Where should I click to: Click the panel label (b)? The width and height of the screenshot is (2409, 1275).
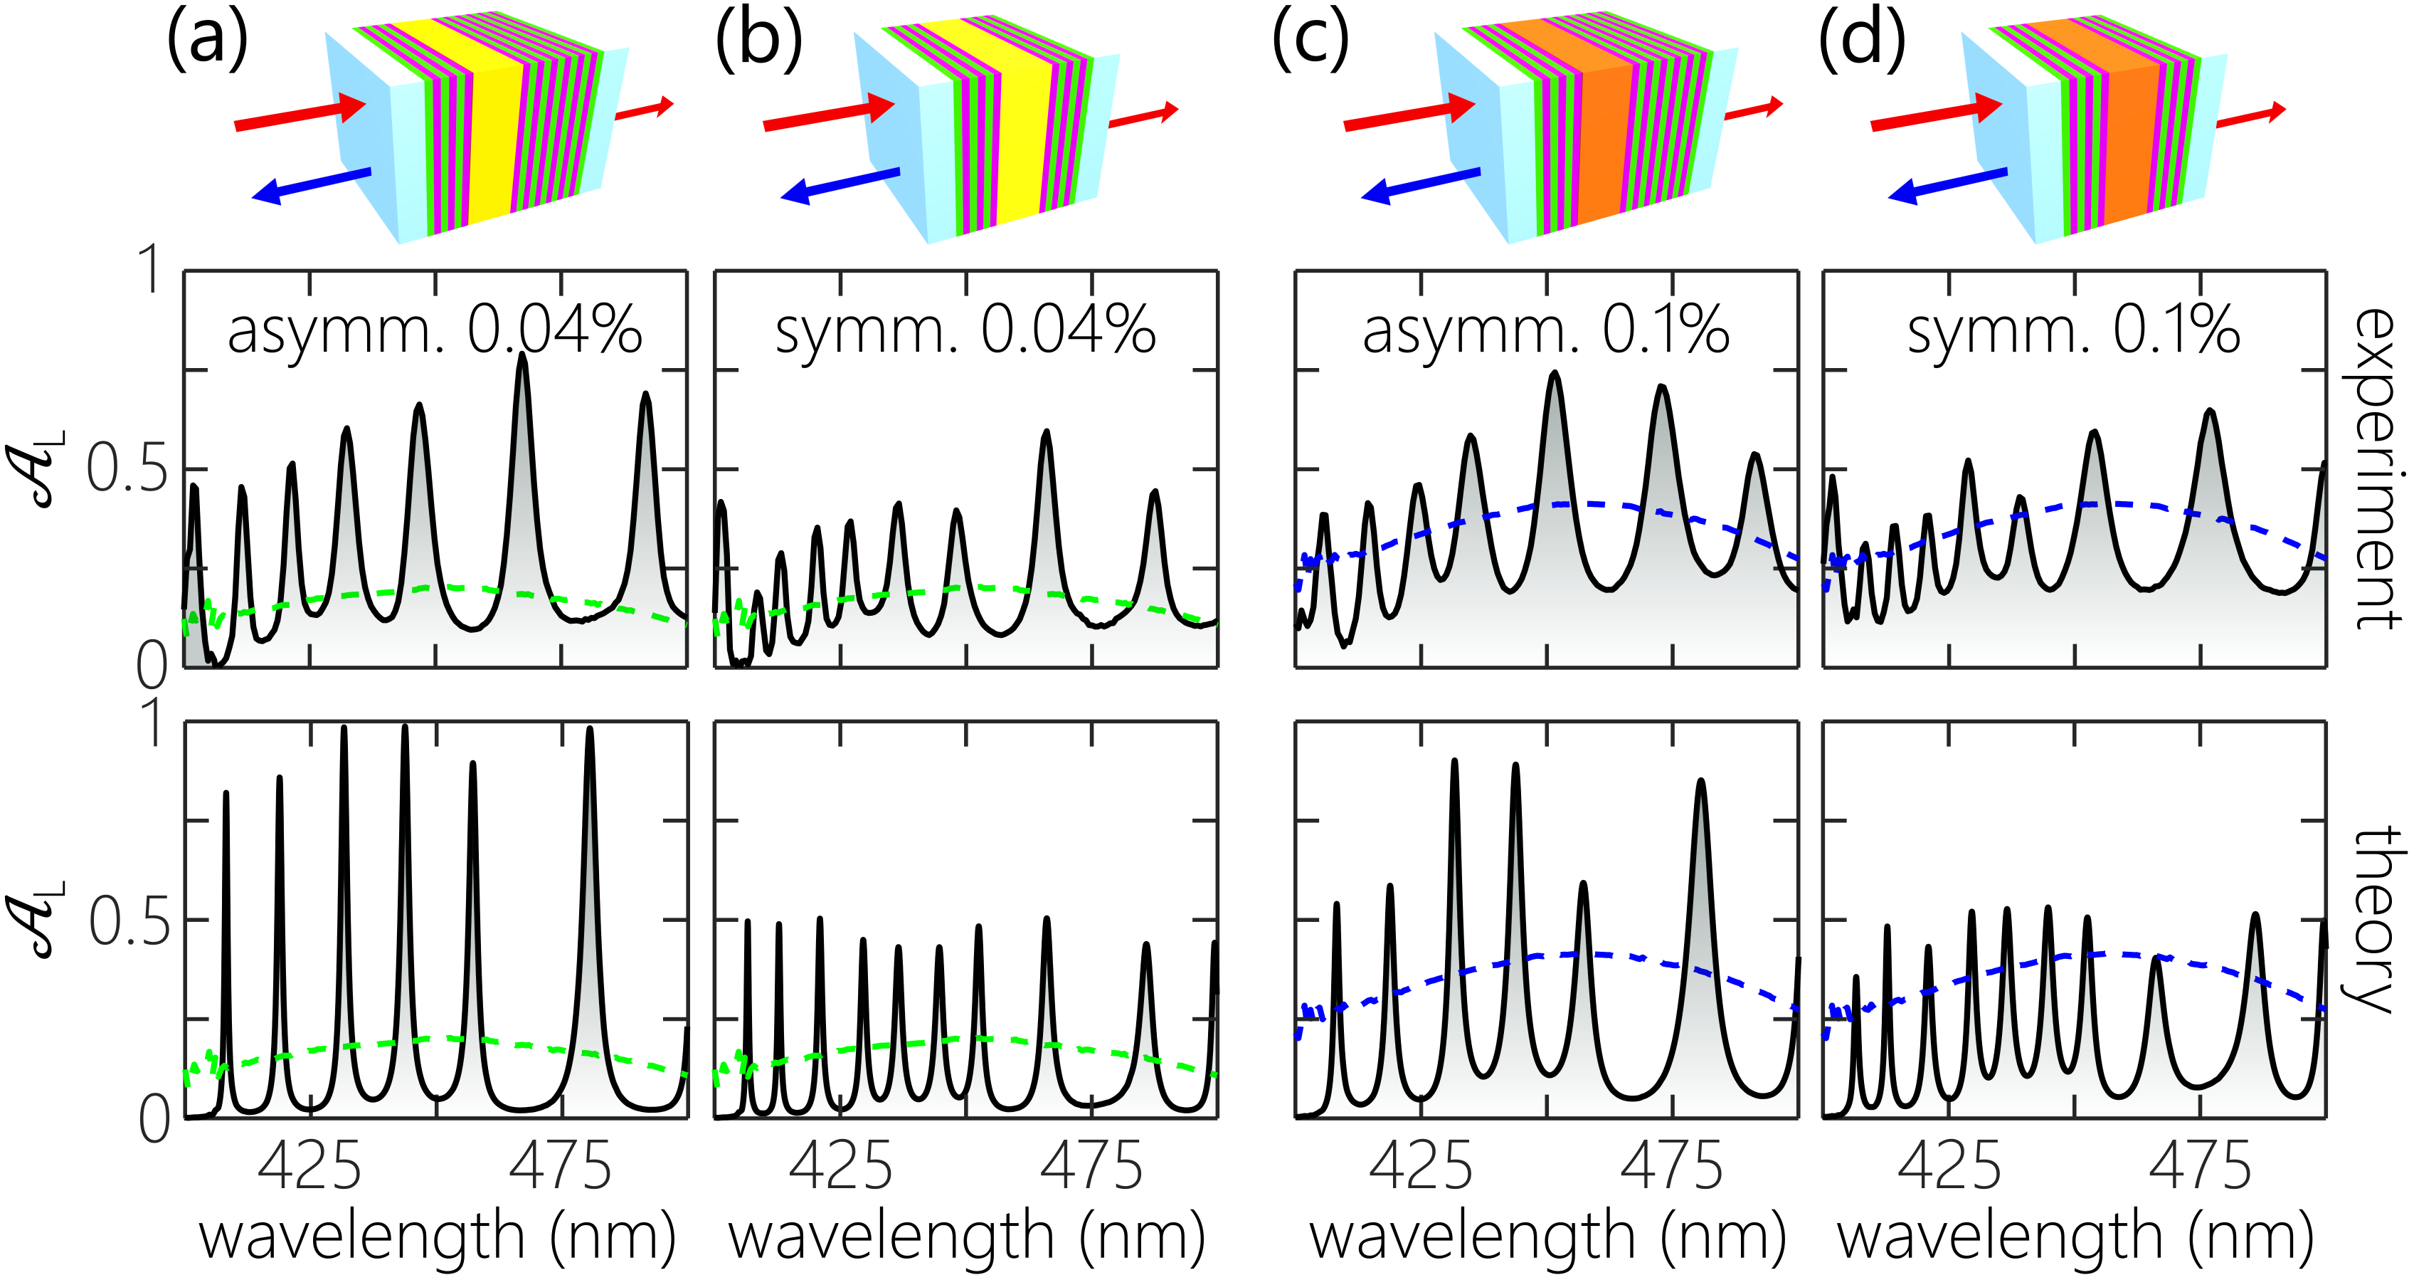point(758,42)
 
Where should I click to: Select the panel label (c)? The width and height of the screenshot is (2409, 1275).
point(1311,42)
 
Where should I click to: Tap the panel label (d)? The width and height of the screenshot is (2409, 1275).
point(1862,42)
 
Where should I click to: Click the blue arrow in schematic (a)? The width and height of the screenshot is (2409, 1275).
point(312,185)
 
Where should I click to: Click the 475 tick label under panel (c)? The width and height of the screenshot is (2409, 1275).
point(1671,1167)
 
